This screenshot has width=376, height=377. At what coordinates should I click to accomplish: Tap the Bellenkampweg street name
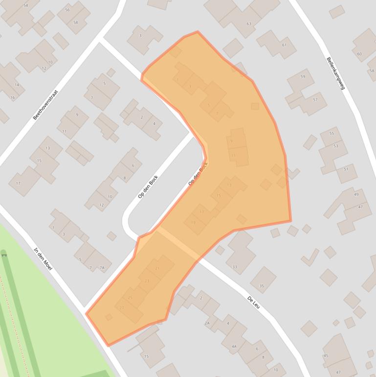click(x=336, y=72)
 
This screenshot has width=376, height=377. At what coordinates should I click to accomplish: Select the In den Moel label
click(x=43, y=259)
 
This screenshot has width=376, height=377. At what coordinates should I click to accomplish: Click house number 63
click(x=249, y=24)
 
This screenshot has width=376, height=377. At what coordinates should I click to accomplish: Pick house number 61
click(x=284, y=45)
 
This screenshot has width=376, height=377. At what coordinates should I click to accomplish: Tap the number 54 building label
click(x=25, y=5)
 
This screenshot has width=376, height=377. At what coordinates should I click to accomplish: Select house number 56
click(x=67, y=10)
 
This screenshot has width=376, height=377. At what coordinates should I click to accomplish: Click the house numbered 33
click(x=235, y=267)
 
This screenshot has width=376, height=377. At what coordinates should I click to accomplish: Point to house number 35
click(x=261, y=286)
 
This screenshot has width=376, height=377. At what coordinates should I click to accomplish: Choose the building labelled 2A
click(x=207, y=323)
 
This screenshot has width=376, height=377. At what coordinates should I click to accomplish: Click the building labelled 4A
click(x=234, y=347)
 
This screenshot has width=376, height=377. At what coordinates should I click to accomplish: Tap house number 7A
click(x=102, y=268)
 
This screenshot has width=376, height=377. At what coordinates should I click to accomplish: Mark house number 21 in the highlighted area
click(x=157, y=268)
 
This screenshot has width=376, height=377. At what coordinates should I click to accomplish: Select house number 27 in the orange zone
click(x=122, y=307)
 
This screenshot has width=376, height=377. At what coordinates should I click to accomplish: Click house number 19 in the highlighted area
click(x=193, y=223)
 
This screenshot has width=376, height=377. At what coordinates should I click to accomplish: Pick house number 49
click(x=356, y=194)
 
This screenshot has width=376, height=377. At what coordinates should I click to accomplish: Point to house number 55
click(x=332, y=134)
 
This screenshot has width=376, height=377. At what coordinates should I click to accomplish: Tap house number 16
click(x=12, y=97)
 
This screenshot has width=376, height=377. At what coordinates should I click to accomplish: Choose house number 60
click(x=359, y=54)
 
